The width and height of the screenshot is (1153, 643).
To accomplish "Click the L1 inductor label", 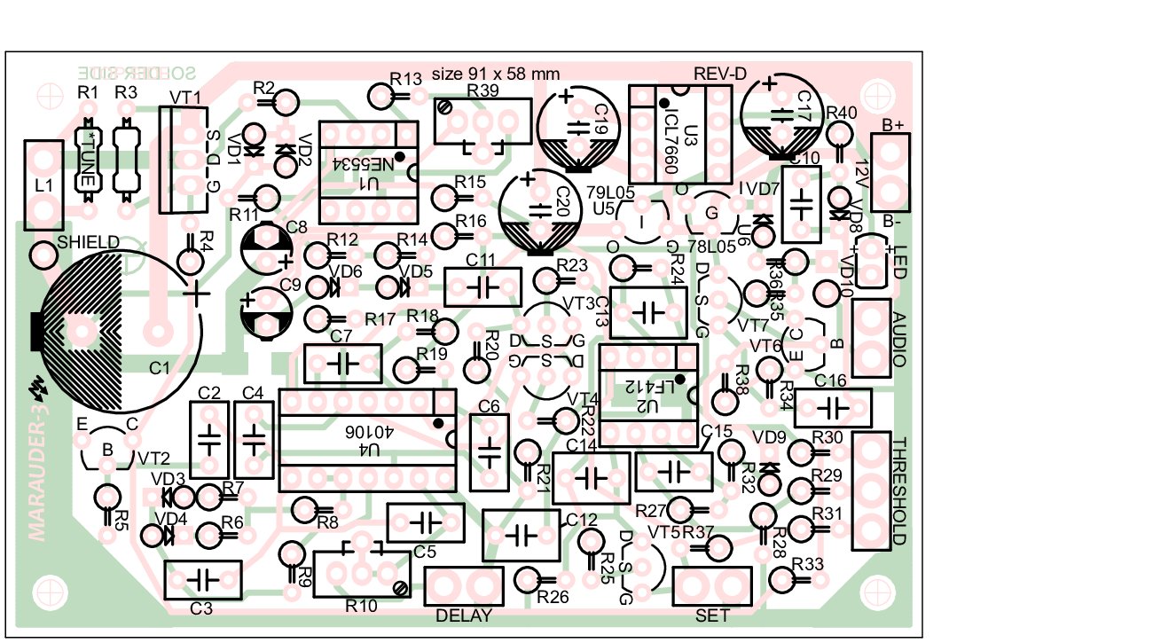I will click(42, 187).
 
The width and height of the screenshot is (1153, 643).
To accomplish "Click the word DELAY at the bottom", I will click(465, 615).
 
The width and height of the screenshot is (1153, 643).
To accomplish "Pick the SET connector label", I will click(713, 615).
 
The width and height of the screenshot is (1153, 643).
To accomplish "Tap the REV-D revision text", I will click(721, 74).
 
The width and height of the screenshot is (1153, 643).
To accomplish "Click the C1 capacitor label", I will click(160, 365).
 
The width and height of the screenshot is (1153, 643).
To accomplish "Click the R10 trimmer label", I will click(361, 606).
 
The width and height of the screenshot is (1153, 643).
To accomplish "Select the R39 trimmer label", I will click(482, 90).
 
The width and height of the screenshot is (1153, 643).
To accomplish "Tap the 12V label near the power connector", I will click(861, 174).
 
